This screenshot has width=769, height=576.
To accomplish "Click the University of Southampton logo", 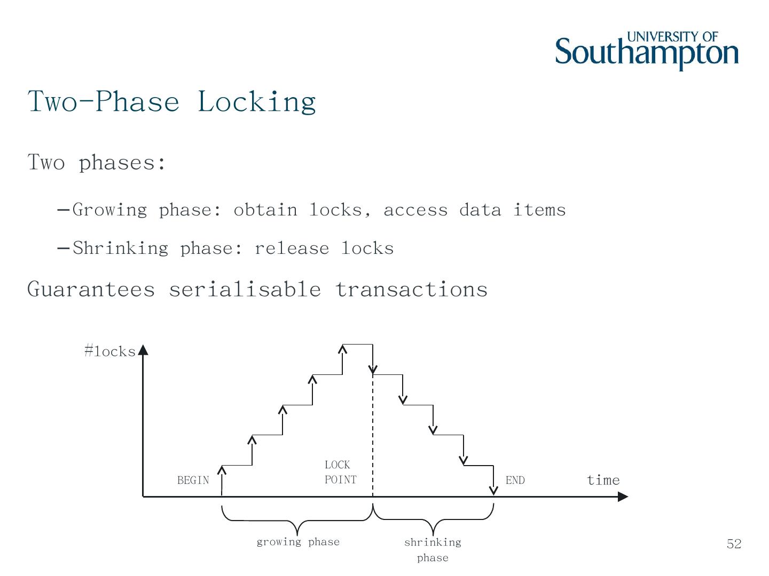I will [x=647, y=51].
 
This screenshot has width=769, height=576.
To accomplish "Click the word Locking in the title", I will [x=257, y=101].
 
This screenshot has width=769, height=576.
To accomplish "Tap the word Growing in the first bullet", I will [x=109, y=210].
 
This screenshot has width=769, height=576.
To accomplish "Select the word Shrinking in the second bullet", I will [x=120, y=249].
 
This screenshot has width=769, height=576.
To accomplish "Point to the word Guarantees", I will [x=91, y=290].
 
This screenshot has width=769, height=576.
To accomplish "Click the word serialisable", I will [x=245, y=290].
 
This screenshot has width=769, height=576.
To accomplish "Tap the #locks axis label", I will [x=109, y=351].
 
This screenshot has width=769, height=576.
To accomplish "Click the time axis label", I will [x=603, y=481].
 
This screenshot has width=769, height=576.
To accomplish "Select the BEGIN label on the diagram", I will [x=193, y=481].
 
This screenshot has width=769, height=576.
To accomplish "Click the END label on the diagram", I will [x=515, y=481].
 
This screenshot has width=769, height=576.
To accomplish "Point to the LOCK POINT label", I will [x=340, y=473].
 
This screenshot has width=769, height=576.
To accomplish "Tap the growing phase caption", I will [x=298, y=542].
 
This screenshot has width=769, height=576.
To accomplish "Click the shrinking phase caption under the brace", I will [x=433, y=550].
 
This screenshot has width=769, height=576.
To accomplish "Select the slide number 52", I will [x=734, y=544].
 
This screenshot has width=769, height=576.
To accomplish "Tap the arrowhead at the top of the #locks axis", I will [x=143, y=350].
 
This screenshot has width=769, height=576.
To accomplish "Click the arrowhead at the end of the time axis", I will [x=623, y=497].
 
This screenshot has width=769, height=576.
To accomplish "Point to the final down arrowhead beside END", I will [x=494, y=490].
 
